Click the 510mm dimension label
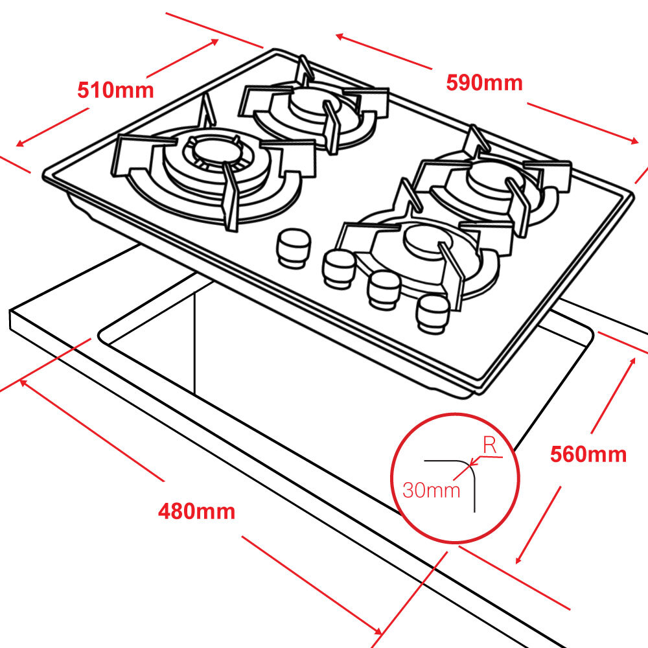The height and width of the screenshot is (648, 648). pos(115,89)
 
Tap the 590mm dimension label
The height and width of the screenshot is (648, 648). pos(484,82)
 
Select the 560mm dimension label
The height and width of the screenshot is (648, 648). pos(588,454)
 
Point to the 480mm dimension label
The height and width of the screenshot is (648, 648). pos(196,511)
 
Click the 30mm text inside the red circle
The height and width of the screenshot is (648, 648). pos(431,489)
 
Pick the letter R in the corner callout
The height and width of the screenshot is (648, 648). pos(491,445)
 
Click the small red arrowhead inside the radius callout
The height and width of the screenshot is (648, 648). pos(474,463)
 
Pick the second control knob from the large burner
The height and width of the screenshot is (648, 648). pos(338,266)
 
